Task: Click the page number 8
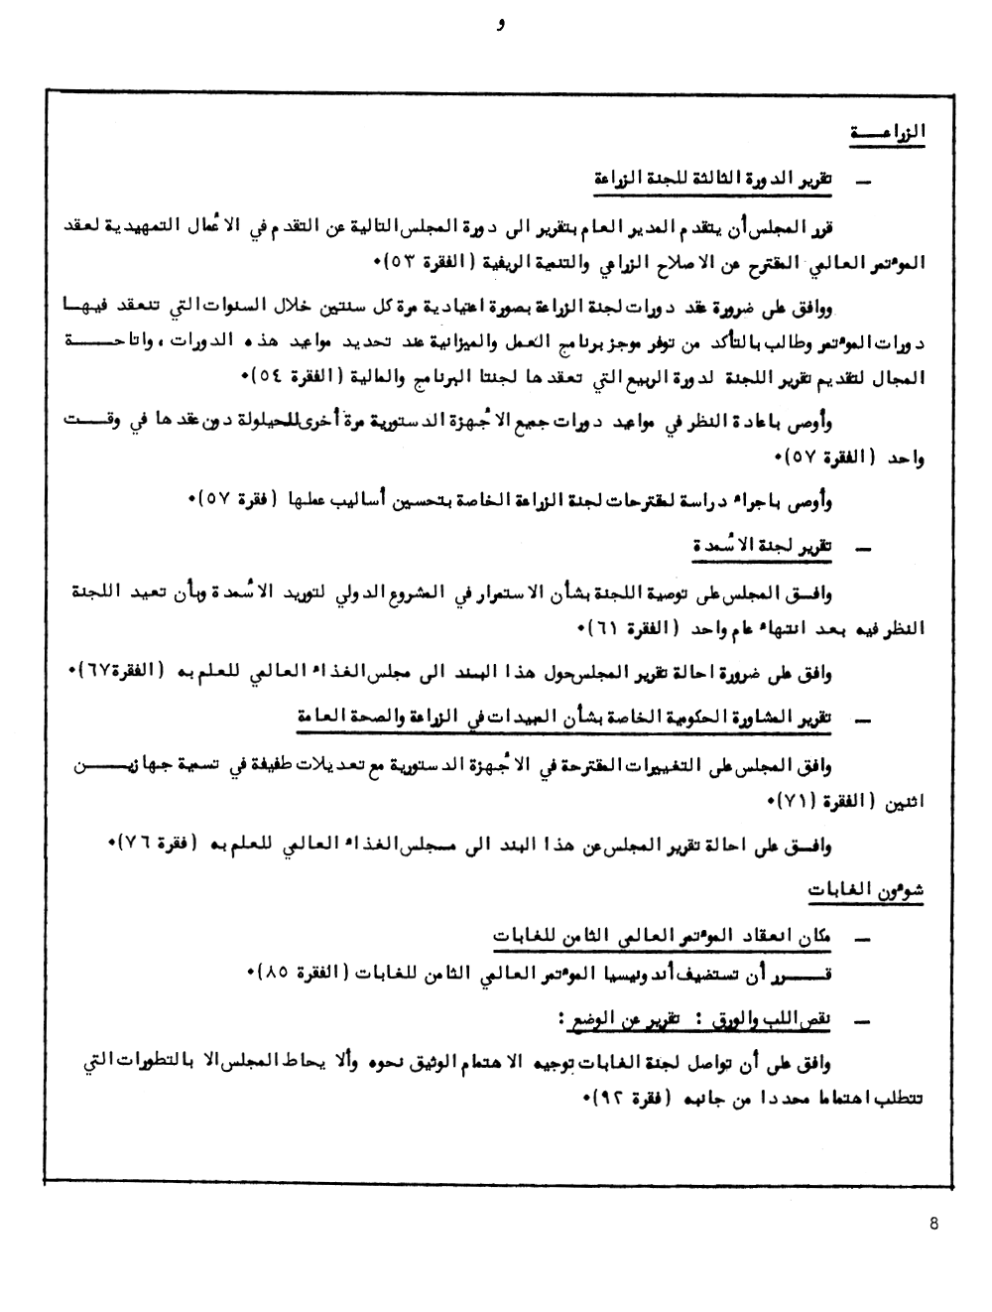(x=933, y=1224)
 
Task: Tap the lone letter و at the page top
(x=502, y=27)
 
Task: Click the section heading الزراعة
(x=888, y=133)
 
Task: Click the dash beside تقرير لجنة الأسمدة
(x=861, y=547)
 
